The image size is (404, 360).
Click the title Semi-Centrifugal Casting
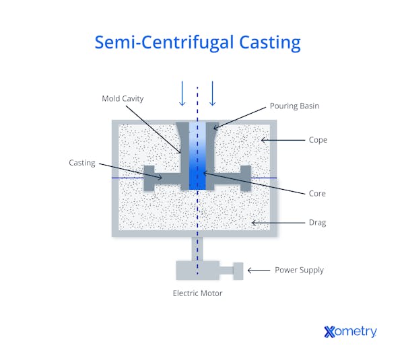click(197, 42)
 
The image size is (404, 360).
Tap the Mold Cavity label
click(123, 98)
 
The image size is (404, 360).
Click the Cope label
click(317, 140)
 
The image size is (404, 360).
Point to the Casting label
click(82, 163)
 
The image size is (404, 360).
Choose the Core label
click(316, 194)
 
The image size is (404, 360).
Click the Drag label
click(317, 222)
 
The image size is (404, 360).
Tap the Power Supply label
click(299, 270)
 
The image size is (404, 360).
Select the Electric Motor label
click(197, 293)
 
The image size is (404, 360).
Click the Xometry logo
click(350, 331)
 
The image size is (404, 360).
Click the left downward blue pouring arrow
click(182, 94)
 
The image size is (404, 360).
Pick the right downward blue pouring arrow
click(212, 94)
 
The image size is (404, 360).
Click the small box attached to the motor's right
click(238, 270)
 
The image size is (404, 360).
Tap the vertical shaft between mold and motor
click(197, 248)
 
